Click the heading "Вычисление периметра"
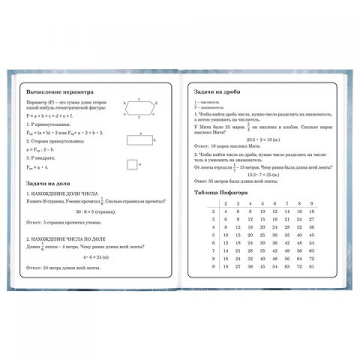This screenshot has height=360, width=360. point(60,93)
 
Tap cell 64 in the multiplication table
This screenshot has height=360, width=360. point(298,258)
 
